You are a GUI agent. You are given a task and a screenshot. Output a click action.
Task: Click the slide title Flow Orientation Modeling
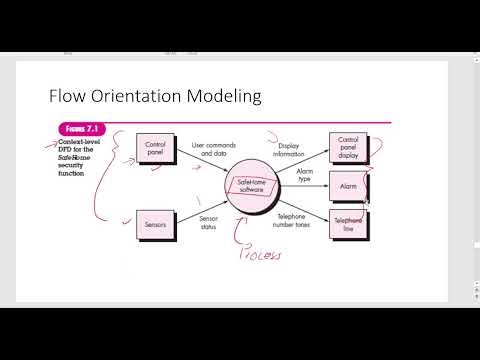coord(156,96)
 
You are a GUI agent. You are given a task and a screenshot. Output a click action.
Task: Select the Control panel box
coord(155,149)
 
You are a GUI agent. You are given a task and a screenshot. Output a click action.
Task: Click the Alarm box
coord(349,186)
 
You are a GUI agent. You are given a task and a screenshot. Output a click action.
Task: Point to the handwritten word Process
coord(255,254)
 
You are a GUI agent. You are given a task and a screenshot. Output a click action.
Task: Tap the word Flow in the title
coord(70,96)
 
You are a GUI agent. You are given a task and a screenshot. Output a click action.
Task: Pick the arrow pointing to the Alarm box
coord(310,186)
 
